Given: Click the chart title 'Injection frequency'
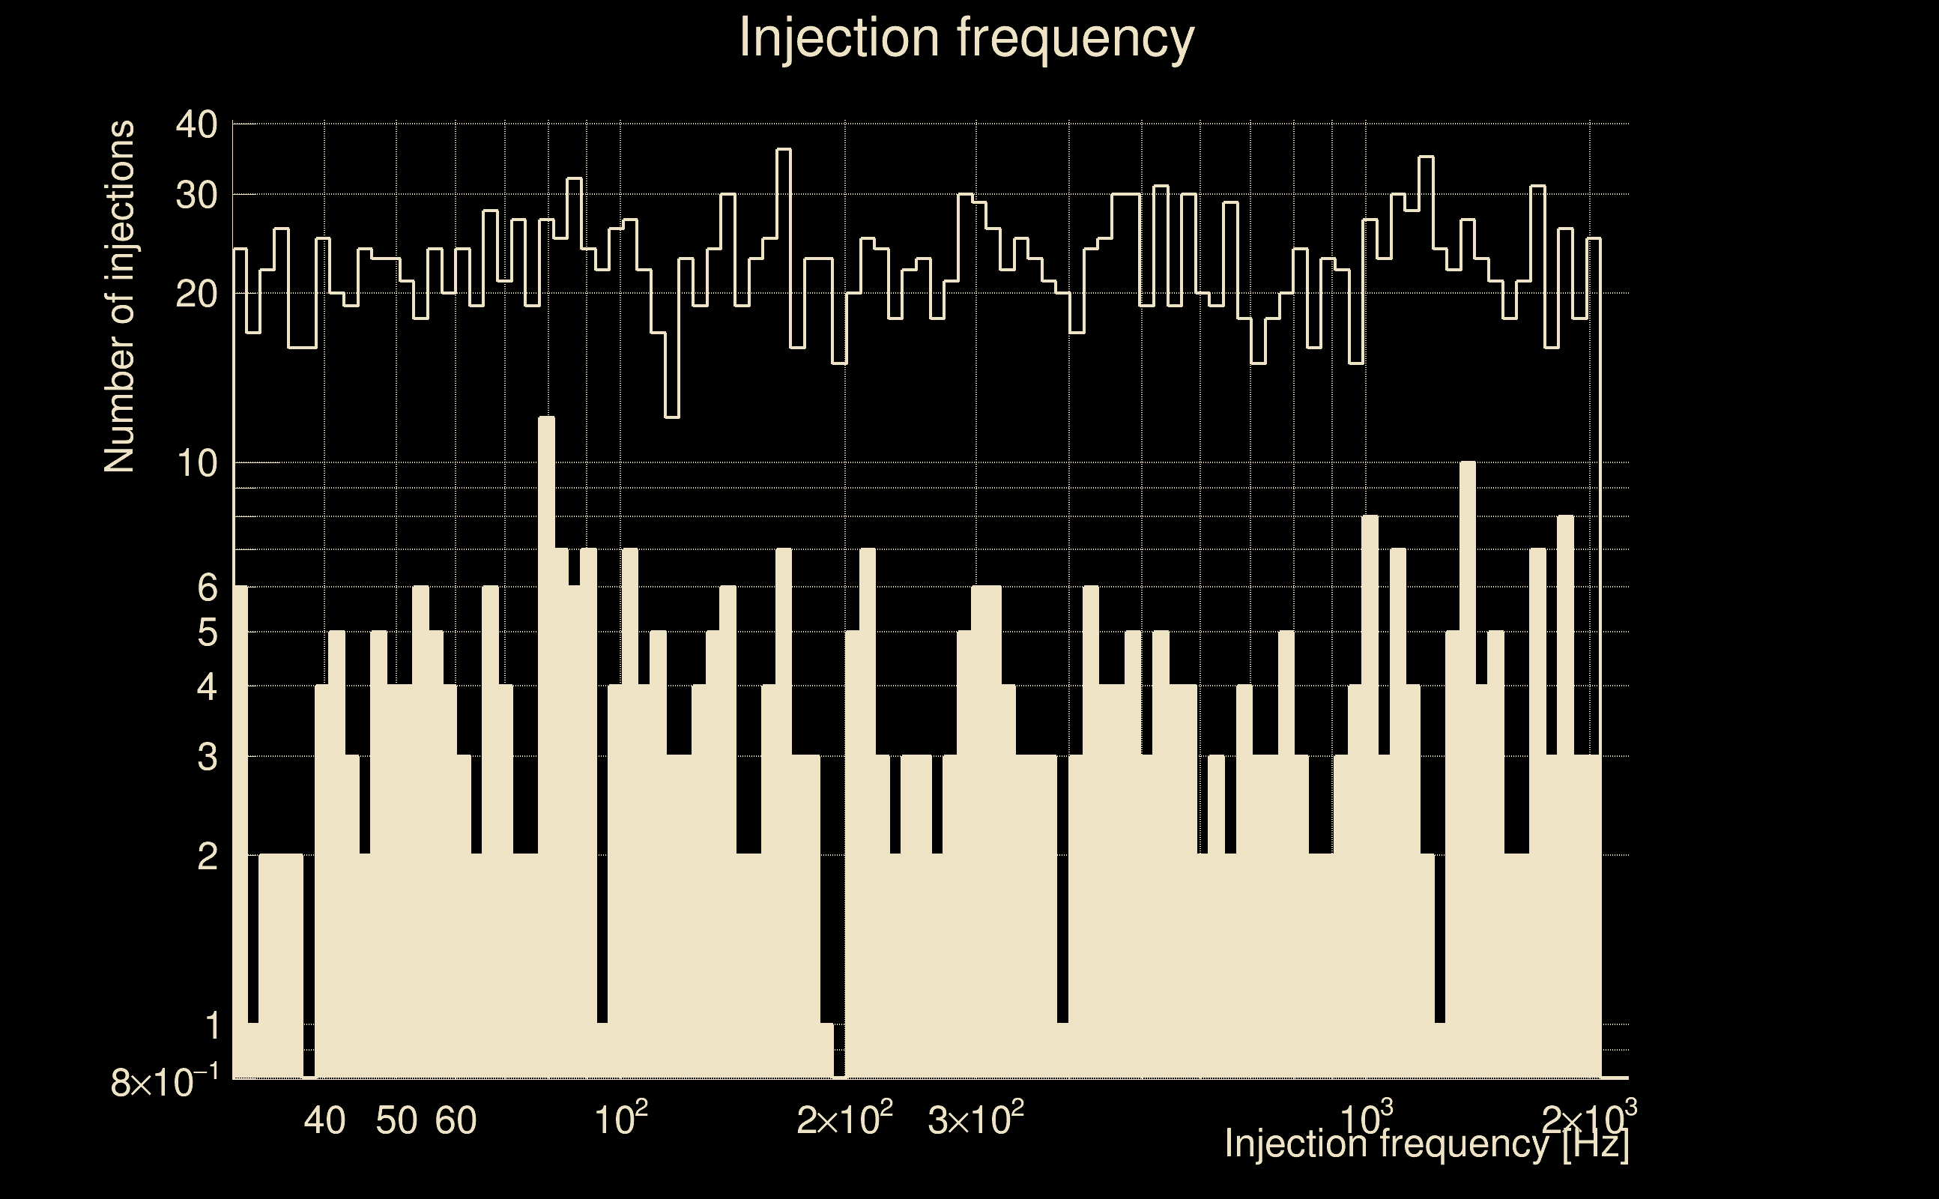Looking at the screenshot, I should coord(967,37).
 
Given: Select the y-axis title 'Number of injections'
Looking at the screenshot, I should coord(119,297).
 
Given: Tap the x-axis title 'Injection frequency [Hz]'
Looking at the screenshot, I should coord(1426,1144).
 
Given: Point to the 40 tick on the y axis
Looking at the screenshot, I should coord(196,124).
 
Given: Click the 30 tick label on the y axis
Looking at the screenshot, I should coord(196,195).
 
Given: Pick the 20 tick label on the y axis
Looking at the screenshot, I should coord(196,295).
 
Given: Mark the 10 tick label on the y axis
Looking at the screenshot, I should coord(197,463).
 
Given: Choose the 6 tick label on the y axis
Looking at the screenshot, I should coord(207,588).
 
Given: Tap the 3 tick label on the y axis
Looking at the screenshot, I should coord(207,758).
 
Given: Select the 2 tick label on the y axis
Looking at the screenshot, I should coord(207,857).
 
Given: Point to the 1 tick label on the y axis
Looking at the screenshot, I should coord(211,1026).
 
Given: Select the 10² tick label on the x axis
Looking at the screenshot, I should coord(620,1119).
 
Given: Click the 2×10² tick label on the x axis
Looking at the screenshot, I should coord(844,1119).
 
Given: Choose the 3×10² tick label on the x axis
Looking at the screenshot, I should coord(975,1119).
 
